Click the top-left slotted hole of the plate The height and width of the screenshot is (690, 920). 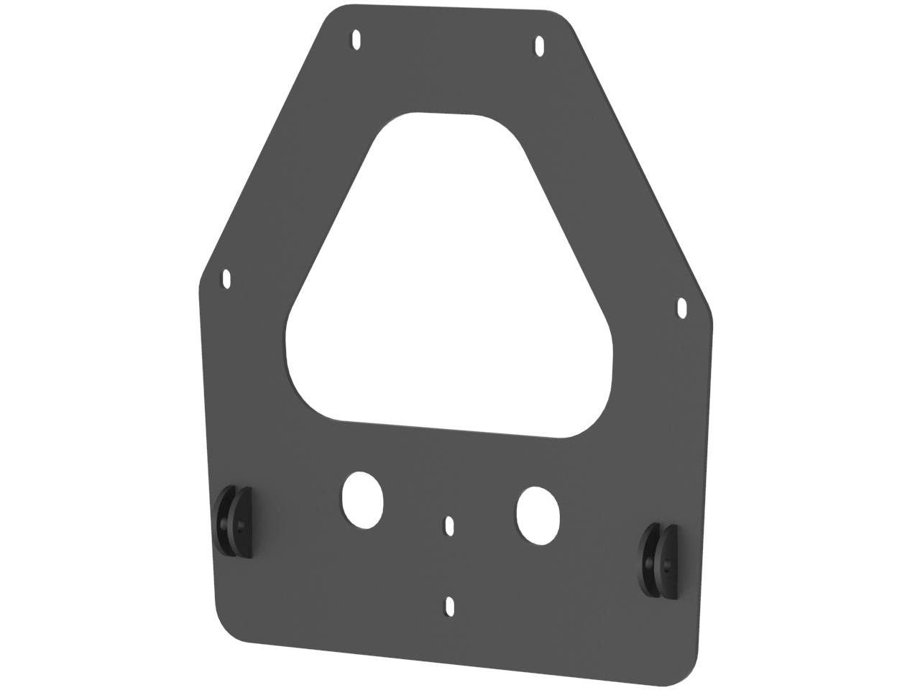click(x=356, y=39)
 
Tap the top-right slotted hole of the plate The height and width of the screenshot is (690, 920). click(x=539, y=47)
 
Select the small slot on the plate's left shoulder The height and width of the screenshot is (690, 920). click(x=227, y=278)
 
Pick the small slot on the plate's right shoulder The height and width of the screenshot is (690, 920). click(x=681, y=308)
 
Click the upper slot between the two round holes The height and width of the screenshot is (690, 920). click(x=449, y=525)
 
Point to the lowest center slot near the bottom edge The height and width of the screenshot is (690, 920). click(x=450, y=606)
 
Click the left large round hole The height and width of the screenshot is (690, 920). click(x=362, y=500)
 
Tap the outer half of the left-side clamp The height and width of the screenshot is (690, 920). click(x=224, y=521)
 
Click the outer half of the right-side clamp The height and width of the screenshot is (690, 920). click(x=649, y=561)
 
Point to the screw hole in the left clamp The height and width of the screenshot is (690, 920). click(x=240, y=525)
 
